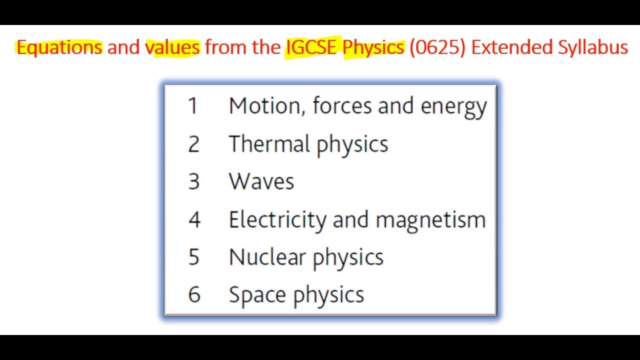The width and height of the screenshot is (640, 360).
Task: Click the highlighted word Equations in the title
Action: [x=59, y=47]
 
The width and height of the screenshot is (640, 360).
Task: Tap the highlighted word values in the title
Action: [x=172, y=47]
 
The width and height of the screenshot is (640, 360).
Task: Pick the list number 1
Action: [x=193, y=106]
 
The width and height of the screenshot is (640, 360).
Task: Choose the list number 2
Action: [x=193, y=144]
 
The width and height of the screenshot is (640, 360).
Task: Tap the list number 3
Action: [x=193, y=181]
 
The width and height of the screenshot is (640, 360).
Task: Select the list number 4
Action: [x=194, y=219]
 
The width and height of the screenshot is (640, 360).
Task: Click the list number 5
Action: [x=193, y=257]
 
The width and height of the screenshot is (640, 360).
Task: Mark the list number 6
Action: [x=194, y=294]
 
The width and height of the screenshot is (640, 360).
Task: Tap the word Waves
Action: [x=261, y=181]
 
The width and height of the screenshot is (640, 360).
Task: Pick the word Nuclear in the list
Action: [x=267, y=257]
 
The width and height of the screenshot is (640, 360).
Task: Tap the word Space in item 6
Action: [x=258, y=295]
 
